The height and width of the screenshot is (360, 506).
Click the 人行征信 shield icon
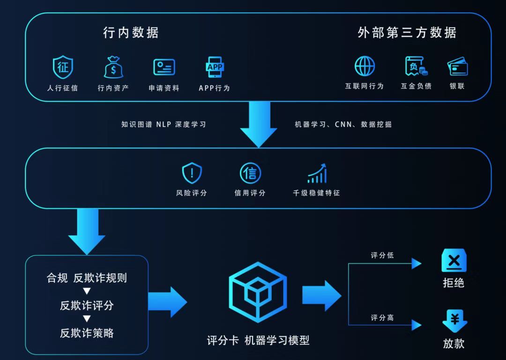pyautogui.click(x=63, y=67)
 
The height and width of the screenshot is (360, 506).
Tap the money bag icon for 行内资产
pyautogui.click(x=113, y=67)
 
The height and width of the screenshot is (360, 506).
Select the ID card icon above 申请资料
pyautogui.click(x=164, y=67)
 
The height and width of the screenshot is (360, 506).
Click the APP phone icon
pyautogui.click(x=215, y=67)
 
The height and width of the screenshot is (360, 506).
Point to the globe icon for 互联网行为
pyautogui.click(x=365, y=66)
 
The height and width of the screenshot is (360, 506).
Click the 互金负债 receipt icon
pyautogui.click(x=416, y=66)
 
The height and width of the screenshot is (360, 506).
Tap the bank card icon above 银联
pyautogui.click(x=457, y=67)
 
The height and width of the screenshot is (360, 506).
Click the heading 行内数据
pyautogui.click(x=131, y=32)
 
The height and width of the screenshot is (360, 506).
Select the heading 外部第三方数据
pyautogui.click(x=407, y=32)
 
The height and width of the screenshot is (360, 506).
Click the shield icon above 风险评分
pyautogui.click(x=192, y=173)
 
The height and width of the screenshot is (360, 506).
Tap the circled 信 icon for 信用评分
pyautogui.click(x=250, y=173)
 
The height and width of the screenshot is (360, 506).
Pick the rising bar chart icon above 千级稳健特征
pyautogui.click(x=317, y=173)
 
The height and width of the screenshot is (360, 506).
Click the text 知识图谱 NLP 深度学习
pyautogui.click(x=164, y=124)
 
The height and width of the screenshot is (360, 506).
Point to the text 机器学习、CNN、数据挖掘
pyautogui.click(x=343, y=124)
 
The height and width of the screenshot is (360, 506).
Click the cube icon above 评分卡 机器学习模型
pyautogui.click(x=258, y=292)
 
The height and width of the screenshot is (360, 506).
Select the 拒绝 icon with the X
pyautogui.click(x=454, y=261)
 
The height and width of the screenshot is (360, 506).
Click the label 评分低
pyautogui.click(x=382, y=255)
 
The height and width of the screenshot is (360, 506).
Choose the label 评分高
pyautogui.click(x=382, y=318)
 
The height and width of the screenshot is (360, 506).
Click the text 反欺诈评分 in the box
pyautogui.click(x=87, y=306)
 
